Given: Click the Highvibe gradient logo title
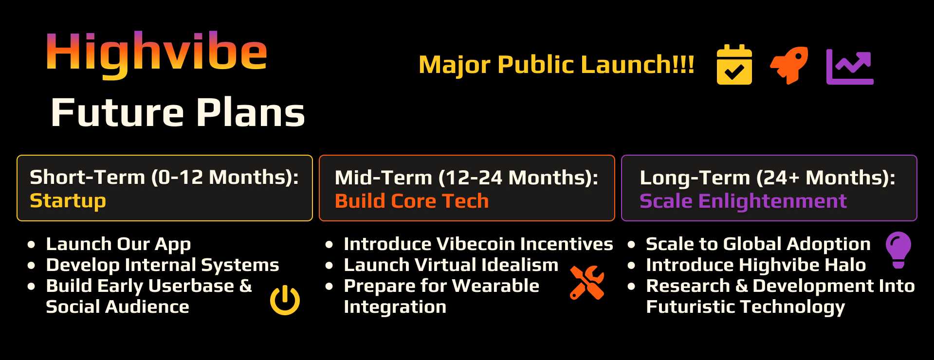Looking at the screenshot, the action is coord(157,54).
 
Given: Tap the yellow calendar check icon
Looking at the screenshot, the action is coord(734,65).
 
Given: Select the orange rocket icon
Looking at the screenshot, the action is coord(789,65).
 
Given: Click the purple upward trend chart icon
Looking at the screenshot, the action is coord(850,67).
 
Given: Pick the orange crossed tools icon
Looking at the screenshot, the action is coord(587,282).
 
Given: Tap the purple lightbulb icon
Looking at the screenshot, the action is coord(898,250).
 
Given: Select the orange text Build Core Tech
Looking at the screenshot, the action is coord(412,201).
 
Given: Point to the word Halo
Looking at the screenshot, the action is coord(847,265).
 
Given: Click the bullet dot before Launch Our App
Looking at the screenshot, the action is coord(32,244).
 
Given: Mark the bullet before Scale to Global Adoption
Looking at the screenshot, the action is coord(631,244).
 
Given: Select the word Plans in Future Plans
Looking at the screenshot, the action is coord(251,113).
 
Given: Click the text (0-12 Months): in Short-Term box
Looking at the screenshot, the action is coord(225,177).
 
